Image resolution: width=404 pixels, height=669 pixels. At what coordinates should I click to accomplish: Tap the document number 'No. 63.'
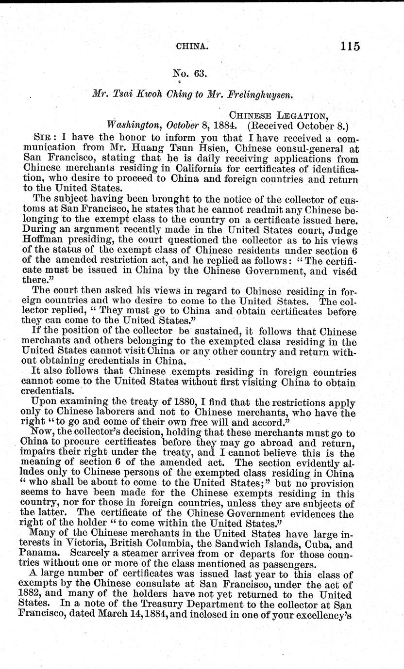[190, 74]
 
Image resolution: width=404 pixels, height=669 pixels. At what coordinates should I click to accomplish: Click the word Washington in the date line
[133, 125]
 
